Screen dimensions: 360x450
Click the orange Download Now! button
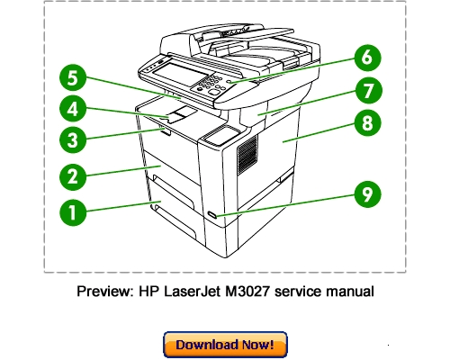(x=225, y=345)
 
